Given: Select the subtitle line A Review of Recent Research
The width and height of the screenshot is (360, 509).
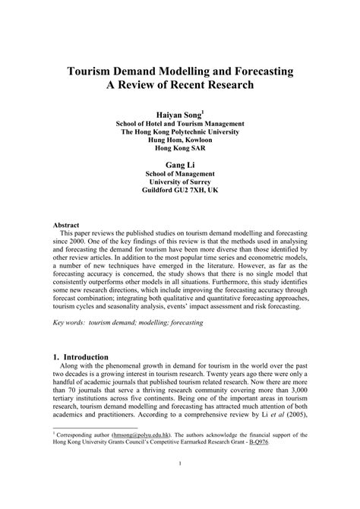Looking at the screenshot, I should pyautogui.click(x=180, y=85).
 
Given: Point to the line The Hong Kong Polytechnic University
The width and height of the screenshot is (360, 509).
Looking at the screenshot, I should pyautogui.click(x=180, y=131).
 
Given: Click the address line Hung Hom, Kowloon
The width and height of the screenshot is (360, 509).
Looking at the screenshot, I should pyautogui.click(x=180, y=141).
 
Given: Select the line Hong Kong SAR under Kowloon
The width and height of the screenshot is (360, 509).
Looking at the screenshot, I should pyautogui.click(x=180, y=150).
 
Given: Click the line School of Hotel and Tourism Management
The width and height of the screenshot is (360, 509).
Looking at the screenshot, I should pyautogui.click(x=180, y=122).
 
